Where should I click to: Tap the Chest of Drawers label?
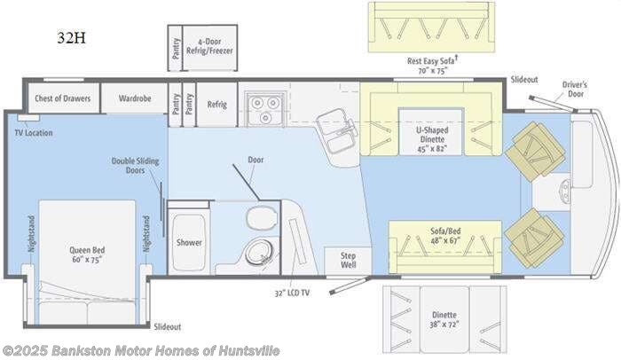click(63, 98)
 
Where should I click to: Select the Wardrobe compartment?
click(133, 98)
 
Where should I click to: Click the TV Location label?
click(33, 133)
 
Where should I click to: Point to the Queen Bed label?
click(87, 255)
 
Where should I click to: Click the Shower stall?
click(189, 242)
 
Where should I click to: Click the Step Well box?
click(349, 260)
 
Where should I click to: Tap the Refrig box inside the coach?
click(217, 105)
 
